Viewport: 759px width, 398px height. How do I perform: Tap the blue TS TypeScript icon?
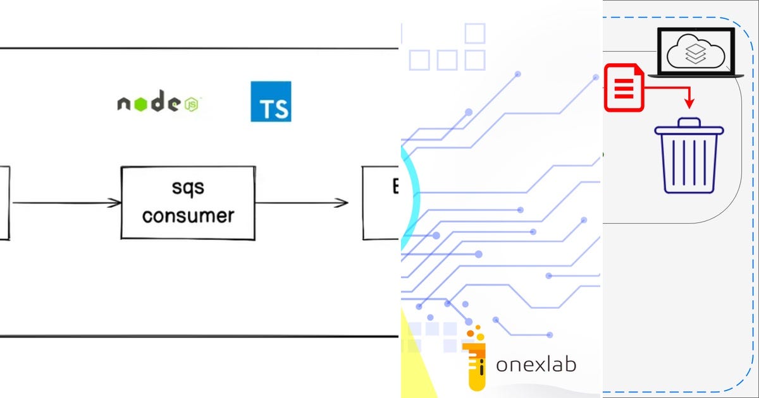pyautogui.click(x=271, y=101)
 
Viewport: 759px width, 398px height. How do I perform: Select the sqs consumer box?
pyautogui.click(x=188, y=202)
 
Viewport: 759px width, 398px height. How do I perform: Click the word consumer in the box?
pyautogui.click(x=188, y=215)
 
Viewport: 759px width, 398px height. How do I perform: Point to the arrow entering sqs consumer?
pyautogui.click(x=66, y=203)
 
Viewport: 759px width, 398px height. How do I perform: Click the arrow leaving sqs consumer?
pyautogui.click(x=302, y=203)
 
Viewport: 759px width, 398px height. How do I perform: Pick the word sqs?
pyautogui.click(x=188, y=188)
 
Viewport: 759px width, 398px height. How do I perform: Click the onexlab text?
pyautogui.click(x=536, y=365)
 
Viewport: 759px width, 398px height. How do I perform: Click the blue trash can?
pyautogui.click(x=689, y=158)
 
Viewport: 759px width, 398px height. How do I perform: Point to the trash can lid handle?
pyautogui.click(x=689, y=122)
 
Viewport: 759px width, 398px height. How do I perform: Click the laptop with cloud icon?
pyautogui.click(x=696, y=52)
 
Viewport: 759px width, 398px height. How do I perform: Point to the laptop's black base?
pyautogui.click(x=696, y=75)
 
